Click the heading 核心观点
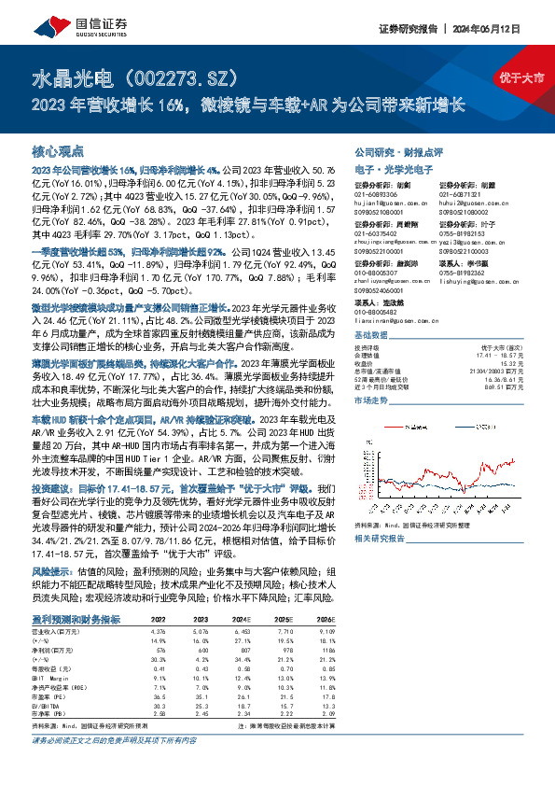pyautogui.click(x=58, y=150)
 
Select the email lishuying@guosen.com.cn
pyautogui.click(x=473, y=281)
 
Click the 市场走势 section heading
pyautogui.click(x=371, y=399)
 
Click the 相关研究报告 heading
pyautogui.click(x=378, y=539)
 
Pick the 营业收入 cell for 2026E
pyautogui.click(x=323, y=632)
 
